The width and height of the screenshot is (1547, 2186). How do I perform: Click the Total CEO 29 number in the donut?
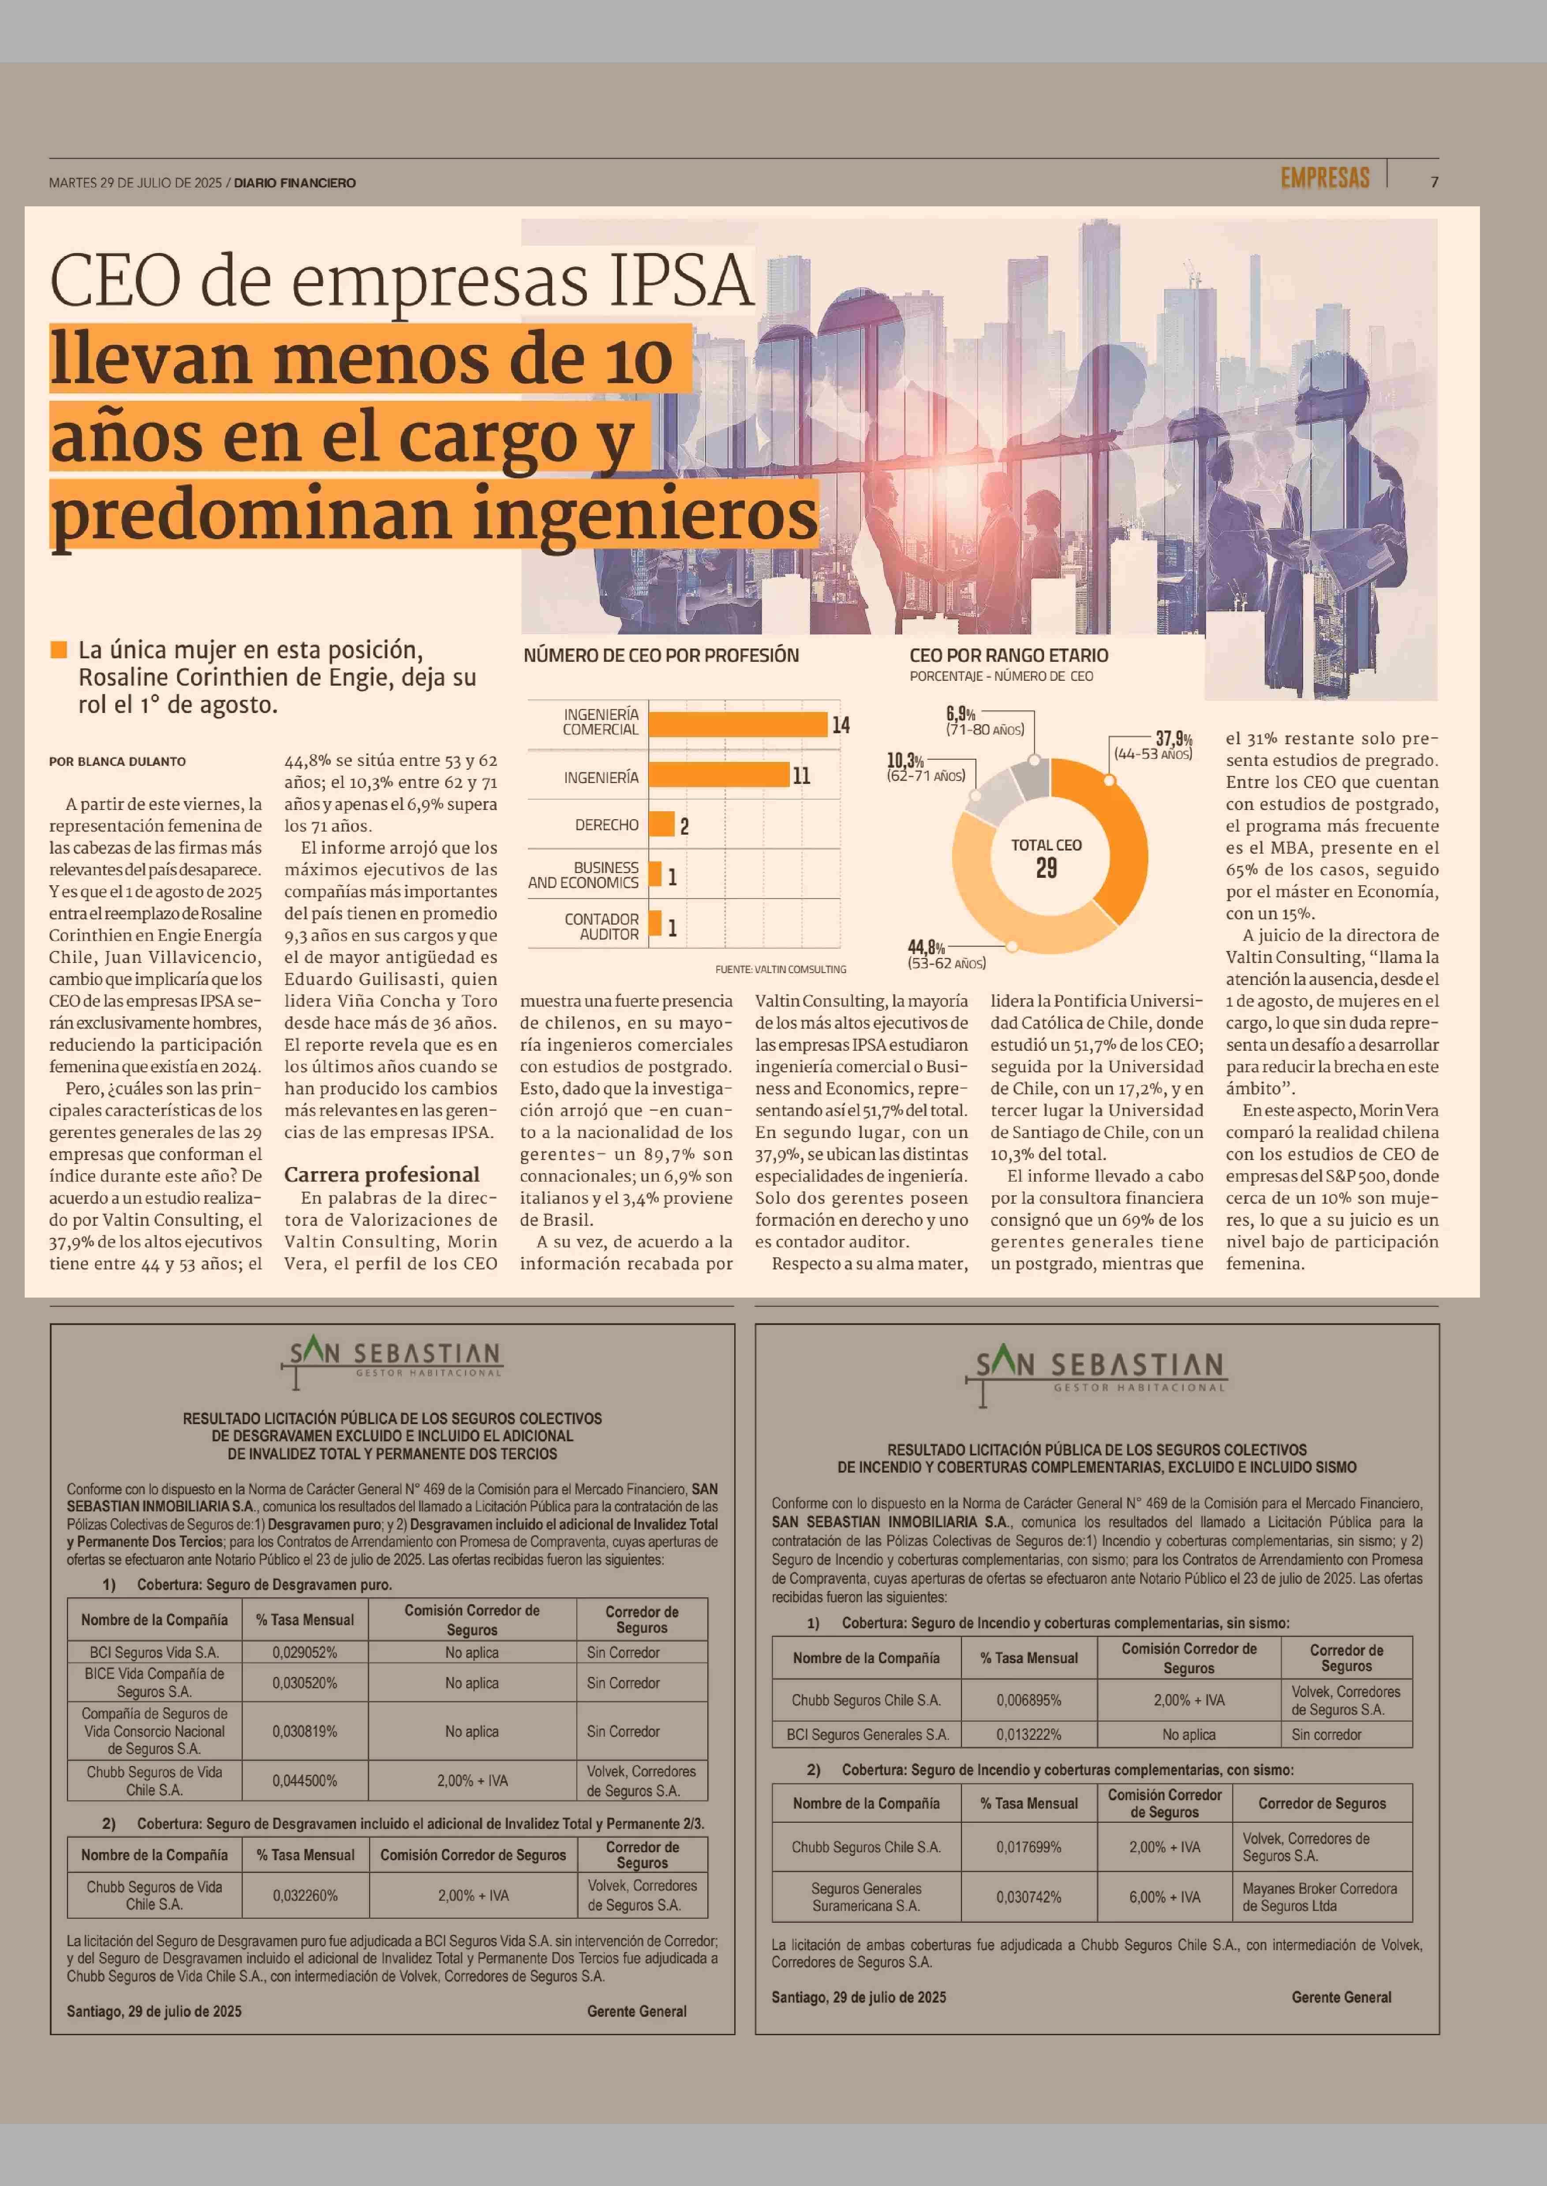tap(1046, 868)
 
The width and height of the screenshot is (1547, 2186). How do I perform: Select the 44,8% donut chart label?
tap(926, 947)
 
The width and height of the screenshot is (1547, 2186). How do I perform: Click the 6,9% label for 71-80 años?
tap(961, 713)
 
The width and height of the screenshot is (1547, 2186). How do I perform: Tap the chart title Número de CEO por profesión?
tap(661, 655)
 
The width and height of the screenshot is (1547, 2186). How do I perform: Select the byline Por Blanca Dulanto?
tap(117, 761)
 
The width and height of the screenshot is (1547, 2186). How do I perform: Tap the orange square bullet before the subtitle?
tap(59, 649)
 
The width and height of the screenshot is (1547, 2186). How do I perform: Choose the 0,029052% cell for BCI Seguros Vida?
tap(305, 1653)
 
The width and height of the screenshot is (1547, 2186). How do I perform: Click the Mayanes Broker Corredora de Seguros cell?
tap(1319, 1897)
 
